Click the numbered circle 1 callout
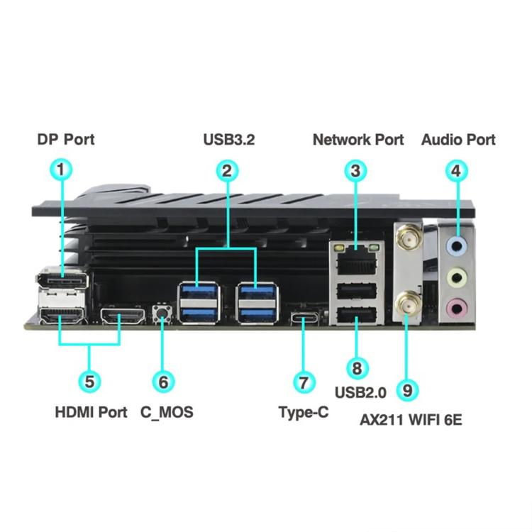click(x=62, y=170)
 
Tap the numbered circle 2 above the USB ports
click(x=226, y=170)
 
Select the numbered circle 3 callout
click(x=356, y=170)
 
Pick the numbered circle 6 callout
click(x=164, y=381)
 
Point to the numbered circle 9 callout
click(x=406, y=389)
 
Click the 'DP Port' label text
click(x=65, y=139)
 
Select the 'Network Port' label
click(x=358, y=139)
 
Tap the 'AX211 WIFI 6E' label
click(x=411, y=419)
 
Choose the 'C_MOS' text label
click(x=166, y=411)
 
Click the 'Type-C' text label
click(x=303, y=411)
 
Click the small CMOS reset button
click(x=163, y=312)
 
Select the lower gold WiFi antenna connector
click(x=407, y=305)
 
